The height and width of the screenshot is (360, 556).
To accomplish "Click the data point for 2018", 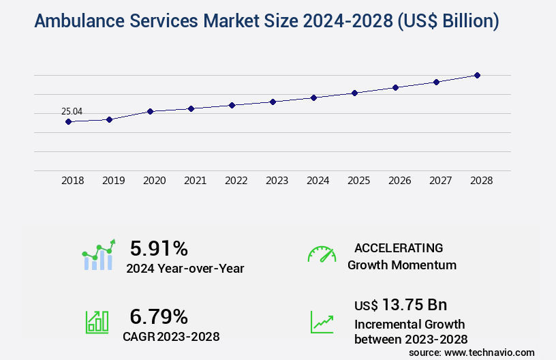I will tap(68, 121).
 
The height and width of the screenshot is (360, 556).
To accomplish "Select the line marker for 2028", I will tap(477, 75).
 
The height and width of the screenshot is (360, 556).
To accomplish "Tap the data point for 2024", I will tap(313, 97).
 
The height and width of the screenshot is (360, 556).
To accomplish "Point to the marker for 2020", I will tap(150, 111).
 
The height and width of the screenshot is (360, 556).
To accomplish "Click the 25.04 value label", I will tap(72, 111).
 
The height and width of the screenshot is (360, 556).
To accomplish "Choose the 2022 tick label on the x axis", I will tap(236, 181).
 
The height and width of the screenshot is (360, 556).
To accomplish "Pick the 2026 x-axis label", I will tap(399, 181).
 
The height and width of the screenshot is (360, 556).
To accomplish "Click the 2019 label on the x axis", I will tap(113, 181).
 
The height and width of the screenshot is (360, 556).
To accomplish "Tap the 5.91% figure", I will tap(159, 247).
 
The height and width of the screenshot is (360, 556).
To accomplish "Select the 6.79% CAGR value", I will tap(159, 316).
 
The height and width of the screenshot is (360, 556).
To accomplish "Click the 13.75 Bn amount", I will tap(401, 305).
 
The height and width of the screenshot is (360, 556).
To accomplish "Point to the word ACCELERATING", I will tap(399, 247).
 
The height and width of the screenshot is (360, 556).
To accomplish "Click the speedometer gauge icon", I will tap(322, 254).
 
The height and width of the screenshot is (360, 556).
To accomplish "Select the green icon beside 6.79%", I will tap(97, 322).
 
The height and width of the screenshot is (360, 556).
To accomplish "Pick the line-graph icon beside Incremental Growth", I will tap(322, 322).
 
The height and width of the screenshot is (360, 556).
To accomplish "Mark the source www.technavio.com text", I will tap(472, 352).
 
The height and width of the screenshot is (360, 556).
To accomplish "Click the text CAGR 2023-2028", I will tap(171, 336).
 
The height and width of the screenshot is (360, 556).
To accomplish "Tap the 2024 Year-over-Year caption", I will tap(185, 268).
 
